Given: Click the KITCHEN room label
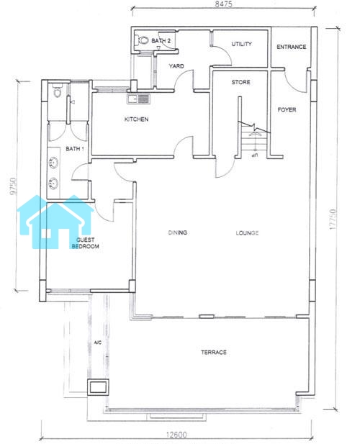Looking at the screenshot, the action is (136, 119).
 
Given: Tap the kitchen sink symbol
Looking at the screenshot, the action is (138, 99).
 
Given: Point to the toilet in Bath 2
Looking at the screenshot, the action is (143, 40).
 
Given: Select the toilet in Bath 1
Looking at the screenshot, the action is (58, 91).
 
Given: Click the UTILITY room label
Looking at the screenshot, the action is (242, 44).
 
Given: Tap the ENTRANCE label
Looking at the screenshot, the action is (292, 47).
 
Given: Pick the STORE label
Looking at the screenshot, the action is (240, 82).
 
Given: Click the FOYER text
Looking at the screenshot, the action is (287, 109).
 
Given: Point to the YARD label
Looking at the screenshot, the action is (176, 66).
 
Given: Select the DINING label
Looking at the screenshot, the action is (178, 232).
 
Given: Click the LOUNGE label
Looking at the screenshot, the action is (247, 233).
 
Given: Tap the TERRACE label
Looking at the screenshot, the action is (214, 353).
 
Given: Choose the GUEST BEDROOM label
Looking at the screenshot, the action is (85, 243).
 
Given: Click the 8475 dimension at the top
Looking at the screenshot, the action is (223, 4).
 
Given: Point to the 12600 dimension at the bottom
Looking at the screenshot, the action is (176, 435).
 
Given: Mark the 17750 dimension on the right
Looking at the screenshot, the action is (333, 219).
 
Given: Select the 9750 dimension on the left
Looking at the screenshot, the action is (13, 186).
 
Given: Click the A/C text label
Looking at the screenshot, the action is (98, 343).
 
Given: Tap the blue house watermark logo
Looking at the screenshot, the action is (55, 222).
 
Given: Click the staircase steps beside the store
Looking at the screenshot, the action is (254, 142).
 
